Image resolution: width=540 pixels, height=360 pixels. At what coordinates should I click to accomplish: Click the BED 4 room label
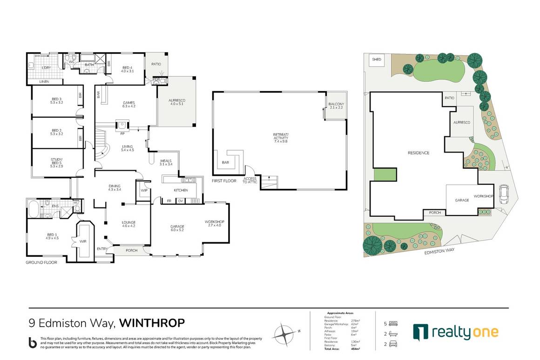tap(127, 69)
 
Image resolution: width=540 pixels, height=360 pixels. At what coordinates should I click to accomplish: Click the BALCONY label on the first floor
tap(336, 106)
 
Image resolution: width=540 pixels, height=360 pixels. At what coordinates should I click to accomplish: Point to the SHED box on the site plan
tap(376, 60)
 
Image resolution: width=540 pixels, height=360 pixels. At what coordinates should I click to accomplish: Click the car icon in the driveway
tap(503, 194)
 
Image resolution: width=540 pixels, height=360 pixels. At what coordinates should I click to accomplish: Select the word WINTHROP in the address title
tap(152, 322)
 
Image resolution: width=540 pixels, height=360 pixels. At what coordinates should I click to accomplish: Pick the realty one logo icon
tap(420, 332)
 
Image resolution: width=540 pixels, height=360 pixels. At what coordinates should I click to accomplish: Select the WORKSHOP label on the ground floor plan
tap(215, 223)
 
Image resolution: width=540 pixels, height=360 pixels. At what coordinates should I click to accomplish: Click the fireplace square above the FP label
tap(122, 125)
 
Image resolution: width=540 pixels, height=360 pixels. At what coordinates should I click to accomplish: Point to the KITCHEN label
tap(181, 190)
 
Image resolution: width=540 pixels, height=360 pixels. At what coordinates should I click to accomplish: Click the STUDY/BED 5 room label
tap(56, 162)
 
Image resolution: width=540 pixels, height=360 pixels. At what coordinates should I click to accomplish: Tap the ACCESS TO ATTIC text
tap(250, 180)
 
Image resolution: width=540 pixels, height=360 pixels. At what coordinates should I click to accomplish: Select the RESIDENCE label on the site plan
tap(418, 153)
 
